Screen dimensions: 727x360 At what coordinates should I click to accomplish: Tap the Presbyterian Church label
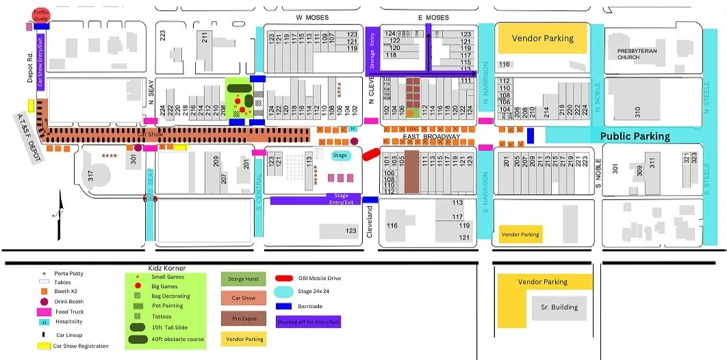click(x=637, y=54)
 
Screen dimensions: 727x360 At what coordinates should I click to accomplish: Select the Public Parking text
click(x=635, y=136)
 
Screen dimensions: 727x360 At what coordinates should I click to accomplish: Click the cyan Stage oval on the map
click(x=340, y=155)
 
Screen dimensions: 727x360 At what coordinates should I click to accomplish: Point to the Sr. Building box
click(x=559, y=307)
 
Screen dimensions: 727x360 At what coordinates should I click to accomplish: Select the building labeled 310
click(x=636, y=110)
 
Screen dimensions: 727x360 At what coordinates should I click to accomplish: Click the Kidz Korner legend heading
click(x=167, y=268)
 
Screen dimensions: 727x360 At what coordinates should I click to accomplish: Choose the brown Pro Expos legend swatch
click(x=239, y=318)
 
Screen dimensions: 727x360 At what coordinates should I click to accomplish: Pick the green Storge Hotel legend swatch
click(x=239, y=279)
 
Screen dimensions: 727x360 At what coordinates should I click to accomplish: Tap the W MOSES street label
click(x=312, y=16)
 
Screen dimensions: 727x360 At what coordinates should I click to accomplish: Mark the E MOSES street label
click(x=433, y=16)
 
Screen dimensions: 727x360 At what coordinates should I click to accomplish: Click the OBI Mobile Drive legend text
click(x=320, y=279)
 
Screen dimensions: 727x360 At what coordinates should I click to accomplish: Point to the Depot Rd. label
click(x=31, y=69)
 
